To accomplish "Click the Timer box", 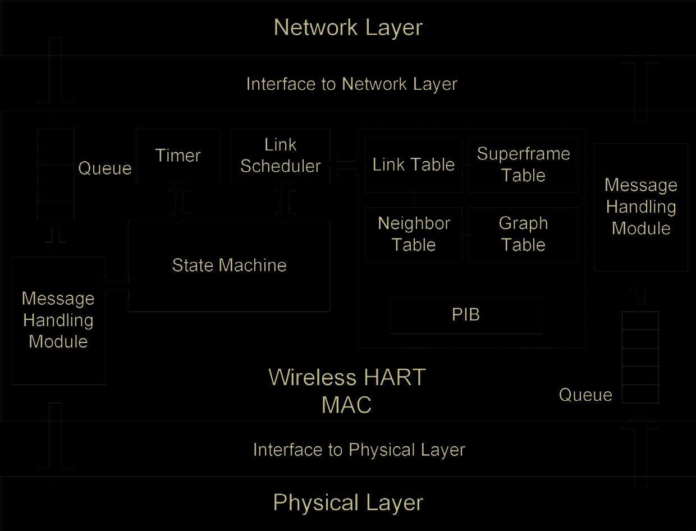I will [178, 155].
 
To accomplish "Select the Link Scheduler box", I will [280, 155].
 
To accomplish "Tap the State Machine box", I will [229, 265].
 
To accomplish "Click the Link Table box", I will [413, 165].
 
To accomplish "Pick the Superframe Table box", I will [523, 165].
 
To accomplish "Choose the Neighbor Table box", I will [414, 234].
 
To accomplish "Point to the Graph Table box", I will [523, 234].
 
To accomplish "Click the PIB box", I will [466, 315].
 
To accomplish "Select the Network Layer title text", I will [348, 28].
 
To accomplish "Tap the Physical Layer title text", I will [348, 503].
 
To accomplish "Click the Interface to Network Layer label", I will [352, 84].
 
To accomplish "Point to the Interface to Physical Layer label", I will [359, 450].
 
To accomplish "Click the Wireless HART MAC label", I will [347, 391].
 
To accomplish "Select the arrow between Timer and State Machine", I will [180, 202].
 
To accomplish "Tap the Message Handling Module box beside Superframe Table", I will [641, 207].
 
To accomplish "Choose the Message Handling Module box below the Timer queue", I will [58, 320].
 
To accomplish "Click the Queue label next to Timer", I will [104, 168].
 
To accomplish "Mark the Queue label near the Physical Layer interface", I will [585, 395].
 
